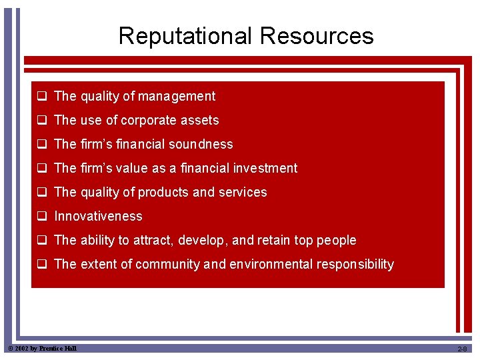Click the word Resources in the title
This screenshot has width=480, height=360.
(317, 36)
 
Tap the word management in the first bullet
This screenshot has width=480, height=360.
(177, 97)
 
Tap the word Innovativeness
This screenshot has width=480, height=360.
(98, 217)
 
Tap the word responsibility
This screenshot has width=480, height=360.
(355, 265)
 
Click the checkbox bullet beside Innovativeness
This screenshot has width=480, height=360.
(41, 217)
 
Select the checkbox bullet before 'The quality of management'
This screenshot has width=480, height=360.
(41, 97)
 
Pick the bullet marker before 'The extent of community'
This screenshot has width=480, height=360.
(41, 265)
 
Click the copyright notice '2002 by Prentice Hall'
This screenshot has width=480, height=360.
(41, 349)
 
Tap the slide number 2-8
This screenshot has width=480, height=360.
(462, 349)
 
